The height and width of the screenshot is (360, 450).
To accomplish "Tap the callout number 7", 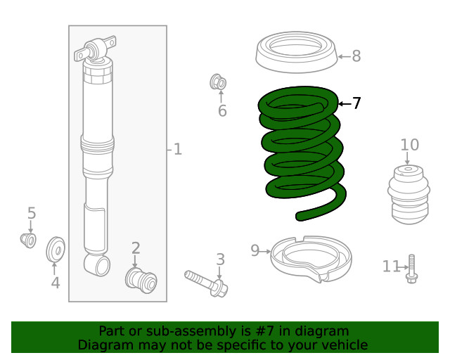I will [x=356, y=103].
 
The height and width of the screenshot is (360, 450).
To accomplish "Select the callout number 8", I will [x=356, y=56].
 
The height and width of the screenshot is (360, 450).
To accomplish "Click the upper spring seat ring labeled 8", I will [x=295, y=53].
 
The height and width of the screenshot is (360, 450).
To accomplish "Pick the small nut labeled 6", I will [x=219, y=83].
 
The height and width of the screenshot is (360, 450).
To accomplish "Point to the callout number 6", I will [x=222, y=111].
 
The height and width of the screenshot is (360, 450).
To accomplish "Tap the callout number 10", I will [x=409, y=145].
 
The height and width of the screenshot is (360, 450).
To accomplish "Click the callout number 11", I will [x=391, y=266].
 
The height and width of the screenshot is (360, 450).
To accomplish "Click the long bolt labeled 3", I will [x=205, y=282].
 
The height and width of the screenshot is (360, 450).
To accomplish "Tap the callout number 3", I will [x=220, y=259].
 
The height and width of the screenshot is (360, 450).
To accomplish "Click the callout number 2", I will [x=136, y=247].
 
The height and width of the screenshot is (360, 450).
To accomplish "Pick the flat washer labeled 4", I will [x=55, y=250].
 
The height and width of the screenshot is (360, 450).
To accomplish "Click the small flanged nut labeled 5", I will [x=28, y=240].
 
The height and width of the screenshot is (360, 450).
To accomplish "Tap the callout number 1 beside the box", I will [x=177, y=149].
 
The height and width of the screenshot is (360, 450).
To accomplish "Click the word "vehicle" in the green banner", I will [x=344, y=345].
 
